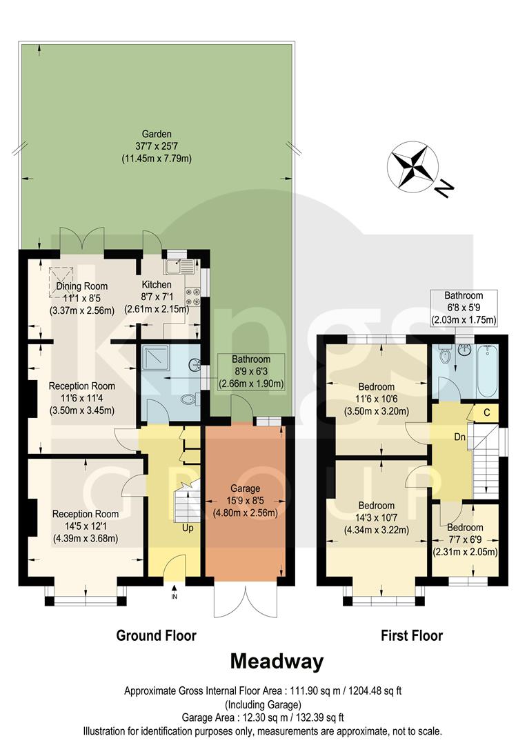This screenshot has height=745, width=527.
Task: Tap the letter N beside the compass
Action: tap(446, 186)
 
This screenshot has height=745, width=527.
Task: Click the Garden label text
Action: tap(157, 134)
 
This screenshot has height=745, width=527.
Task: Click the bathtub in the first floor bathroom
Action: tap(485, 370)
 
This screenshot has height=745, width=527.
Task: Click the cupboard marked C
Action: tap(486, 413)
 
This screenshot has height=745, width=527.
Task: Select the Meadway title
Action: tap(276, 662)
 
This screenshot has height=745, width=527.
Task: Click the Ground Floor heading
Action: tap(156, 635)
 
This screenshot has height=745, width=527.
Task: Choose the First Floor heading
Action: tap(412, 635)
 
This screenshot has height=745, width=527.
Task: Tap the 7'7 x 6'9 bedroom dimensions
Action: tap(465, 539)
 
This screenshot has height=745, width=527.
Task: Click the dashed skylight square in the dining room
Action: tap(61, 281)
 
